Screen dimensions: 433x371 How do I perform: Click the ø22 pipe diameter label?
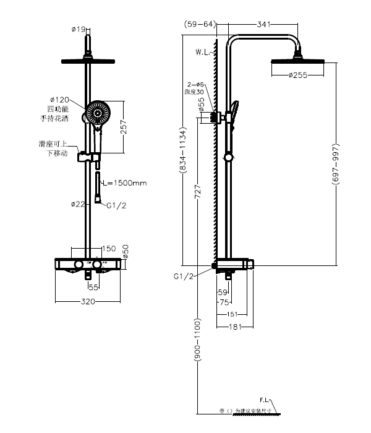(77, 204)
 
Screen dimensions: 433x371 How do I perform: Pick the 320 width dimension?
(88, 302)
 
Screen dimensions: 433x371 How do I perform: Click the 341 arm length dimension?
(264, 24)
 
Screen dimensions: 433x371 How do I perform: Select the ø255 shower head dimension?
(300, 75)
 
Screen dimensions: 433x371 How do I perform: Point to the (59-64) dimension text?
(199, 24)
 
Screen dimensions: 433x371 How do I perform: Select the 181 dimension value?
(234, 327)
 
